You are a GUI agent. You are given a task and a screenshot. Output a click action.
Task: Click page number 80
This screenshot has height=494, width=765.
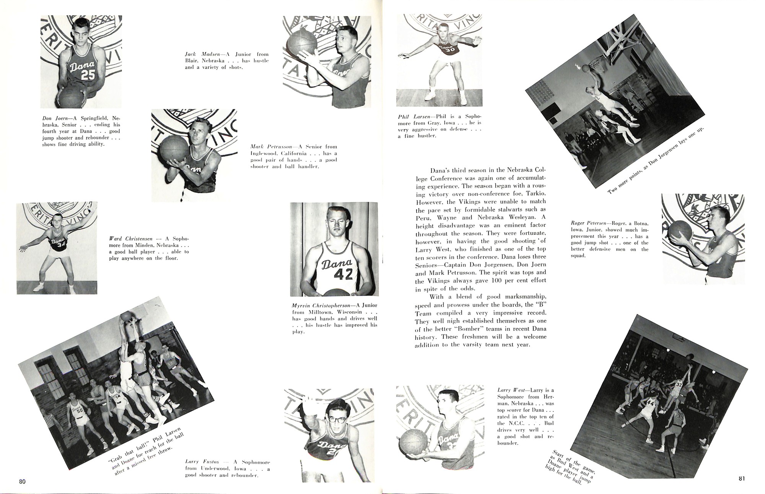pos(22,481)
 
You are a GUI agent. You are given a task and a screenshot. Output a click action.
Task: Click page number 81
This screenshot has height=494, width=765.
pos(742,478)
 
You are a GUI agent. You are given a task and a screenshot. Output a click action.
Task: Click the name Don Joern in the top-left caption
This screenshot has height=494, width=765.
pos(54,118)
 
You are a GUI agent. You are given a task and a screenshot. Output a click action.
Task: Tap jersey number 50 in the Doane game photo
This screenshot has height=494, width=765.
pos(80,411)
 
